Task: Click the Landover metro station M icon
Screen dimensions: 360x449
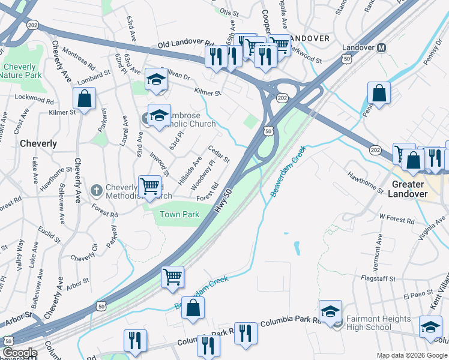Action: [381, 47]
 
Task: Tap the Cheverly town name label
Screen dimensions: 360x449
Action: [38, 144]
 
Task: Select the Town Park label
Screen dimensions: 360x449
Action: [179, 214]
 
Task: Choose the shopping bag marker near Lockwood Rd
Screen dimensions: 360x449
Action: [85, 98]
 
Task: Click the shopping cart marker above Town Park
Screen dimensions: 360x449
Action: [149, 186]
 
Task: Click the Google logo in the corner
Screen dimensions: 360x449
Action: [20, 353]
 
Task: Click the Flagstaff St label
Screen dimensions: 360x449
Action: [379, 279]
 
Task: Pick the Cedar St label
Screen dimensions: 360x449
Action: [219, 154]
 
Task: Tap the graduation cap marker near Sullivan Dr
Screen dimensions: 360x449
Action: [156, 80]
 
